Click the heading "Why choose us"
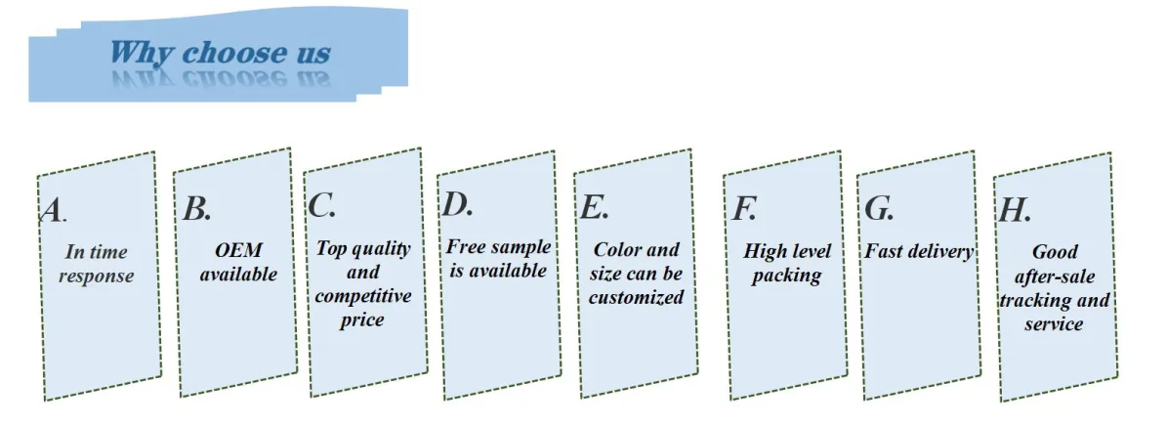(x=220, y=53)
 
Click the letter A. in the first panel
(x=53, y=210)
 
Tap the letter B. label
(x=196, y=208)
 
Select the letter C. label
(x=321, y=206)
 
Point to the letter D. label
(x=457, y=204)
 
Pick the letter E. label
(x=594, y=207)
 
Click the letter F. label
(x=744, y=208)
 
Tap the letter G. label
(x=879, y=208)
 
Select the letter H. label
(x=1015, y=210)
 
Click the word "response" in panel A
(x=96, y=276)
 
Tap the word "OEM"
(x=239, y=251)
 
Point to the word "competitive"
(x=363, y=296)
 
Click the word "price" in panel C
(x=362, y=319)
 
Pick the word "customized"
(x=636, y=298)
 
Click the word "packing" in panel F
(x=787, y=275)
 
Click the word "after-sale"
(x=1054, y=276)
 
